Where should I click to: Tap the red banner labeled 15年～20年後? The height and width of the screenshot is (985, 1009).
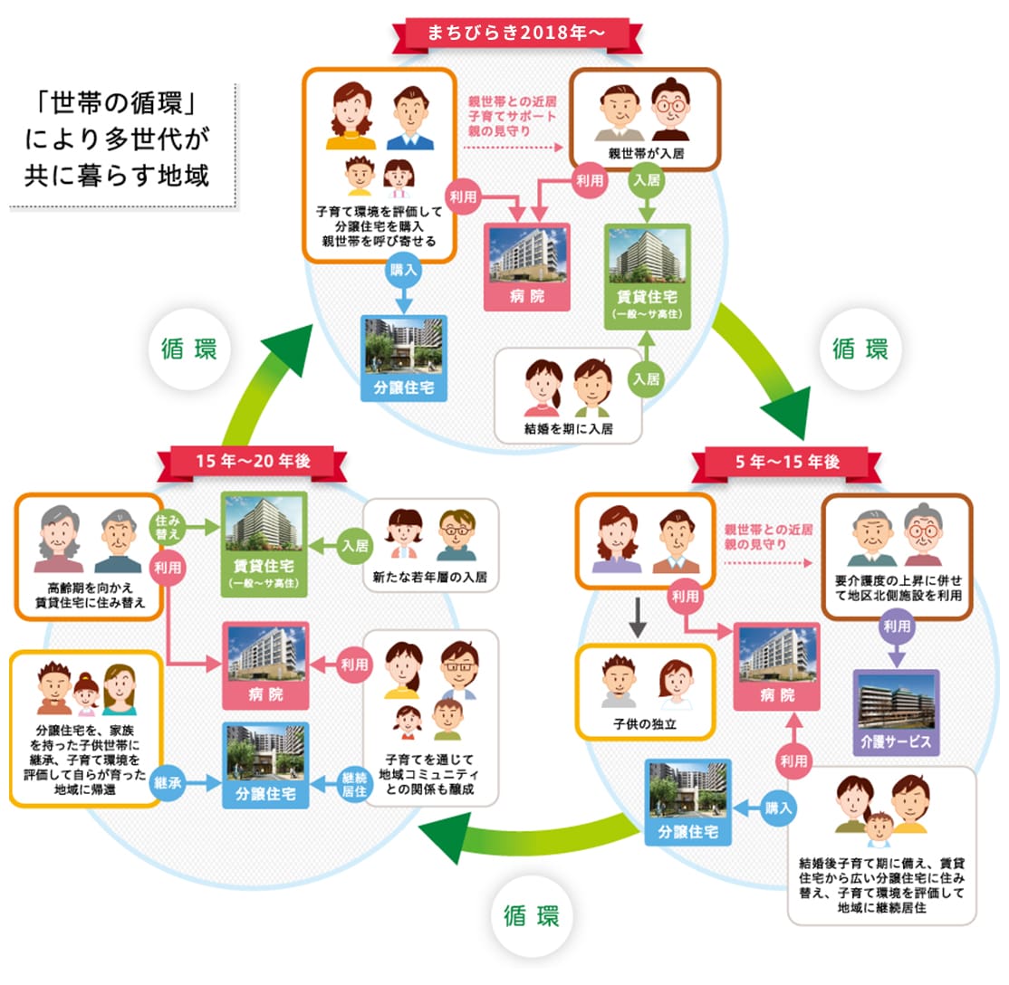click(253, 461)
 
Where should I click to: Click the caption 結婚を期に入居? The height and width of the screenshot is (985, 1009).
click(568, 427)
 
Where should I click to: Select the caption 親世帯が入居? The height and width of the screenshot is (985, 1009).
click(645, 154)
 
